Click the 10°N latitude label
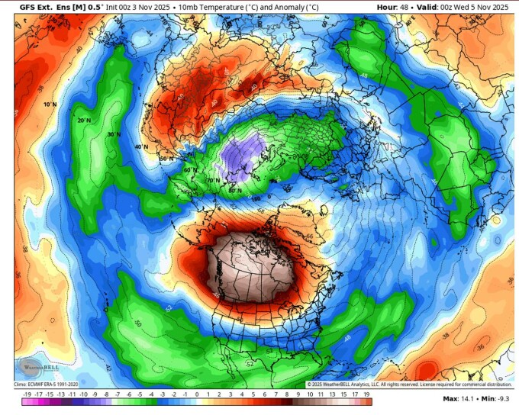(50, 104)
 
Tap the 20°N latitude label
(83, 121)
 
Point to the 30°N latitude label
(114, 135)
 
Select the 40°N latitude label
(140, 147)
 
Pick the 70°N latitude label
(214, 181)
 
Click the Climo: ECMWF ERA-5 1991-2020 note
(46, 384)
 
